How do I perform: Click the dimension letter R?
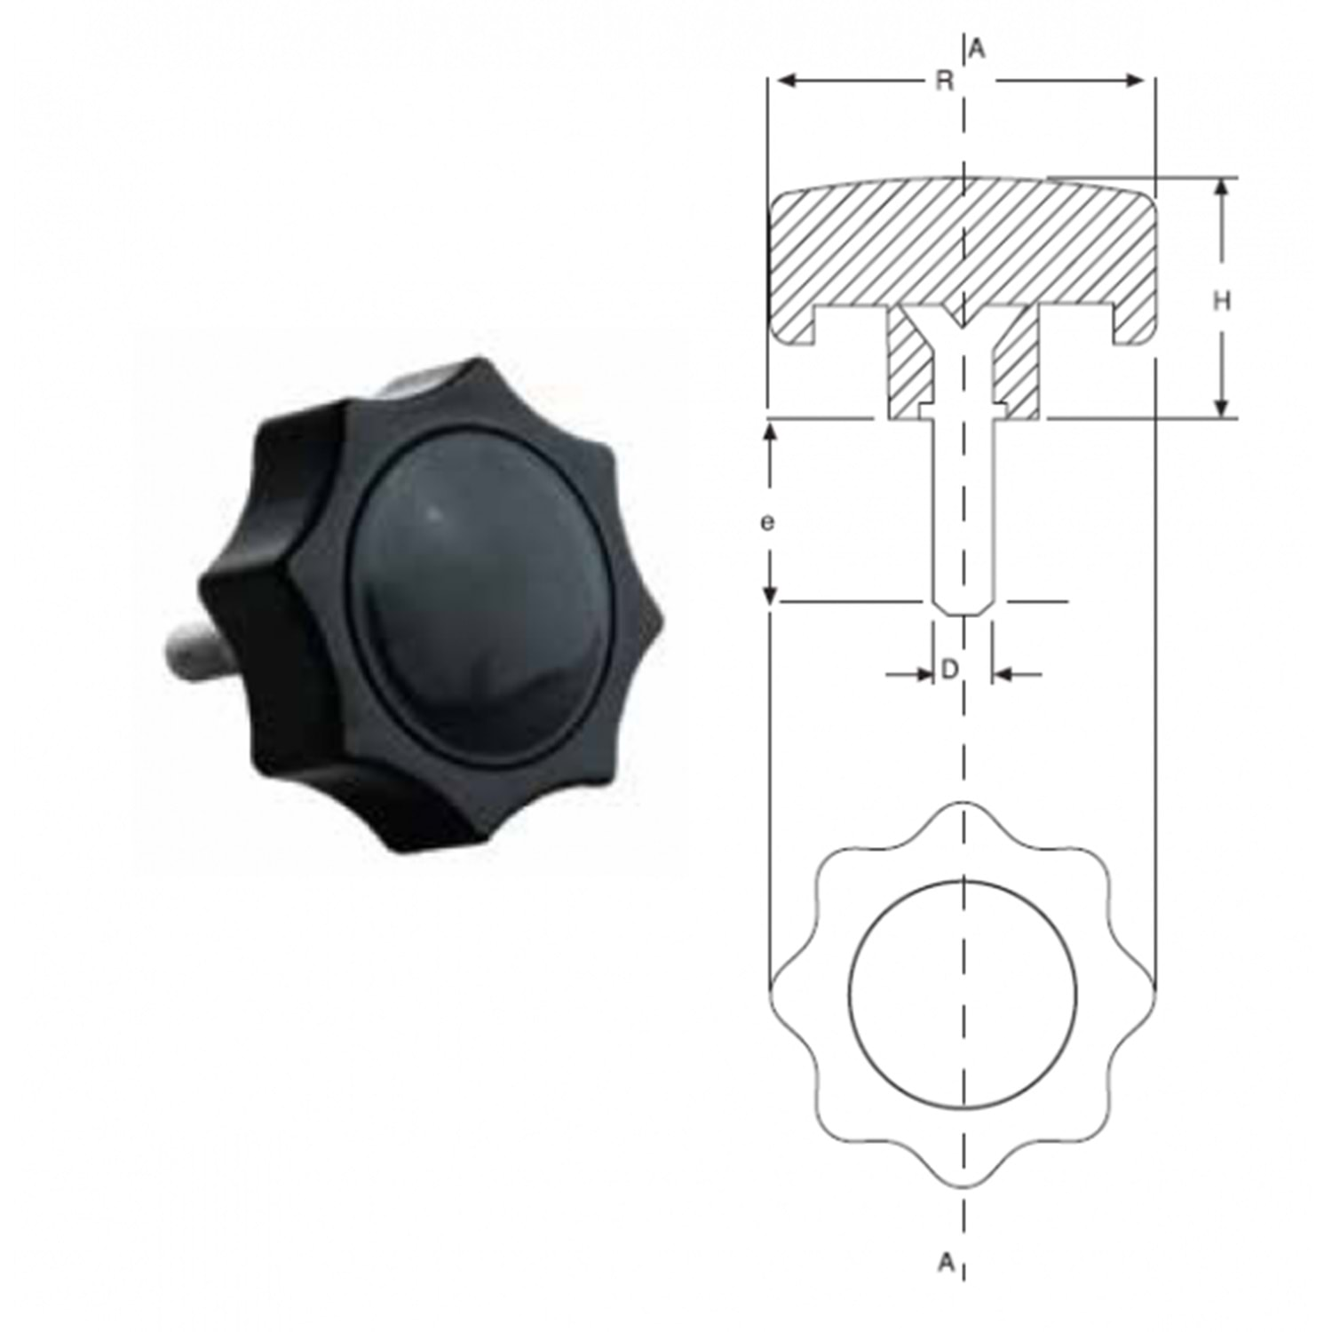pos(945,82)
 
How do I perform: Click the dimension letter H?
pos(1222,302)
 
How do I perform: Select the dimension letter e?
pos(767,523)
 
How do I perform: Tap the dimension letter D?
pos(949,670)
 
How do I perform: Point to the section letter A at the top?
pos(977,50)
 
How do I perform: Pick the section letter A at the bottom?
pos(947,1261)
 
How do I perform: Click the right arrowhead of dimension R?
pos(1132,81)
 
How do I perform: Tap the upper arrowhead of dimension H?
pos(1222,190)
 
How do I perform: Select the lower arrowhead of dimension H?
pos(1222,405)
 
